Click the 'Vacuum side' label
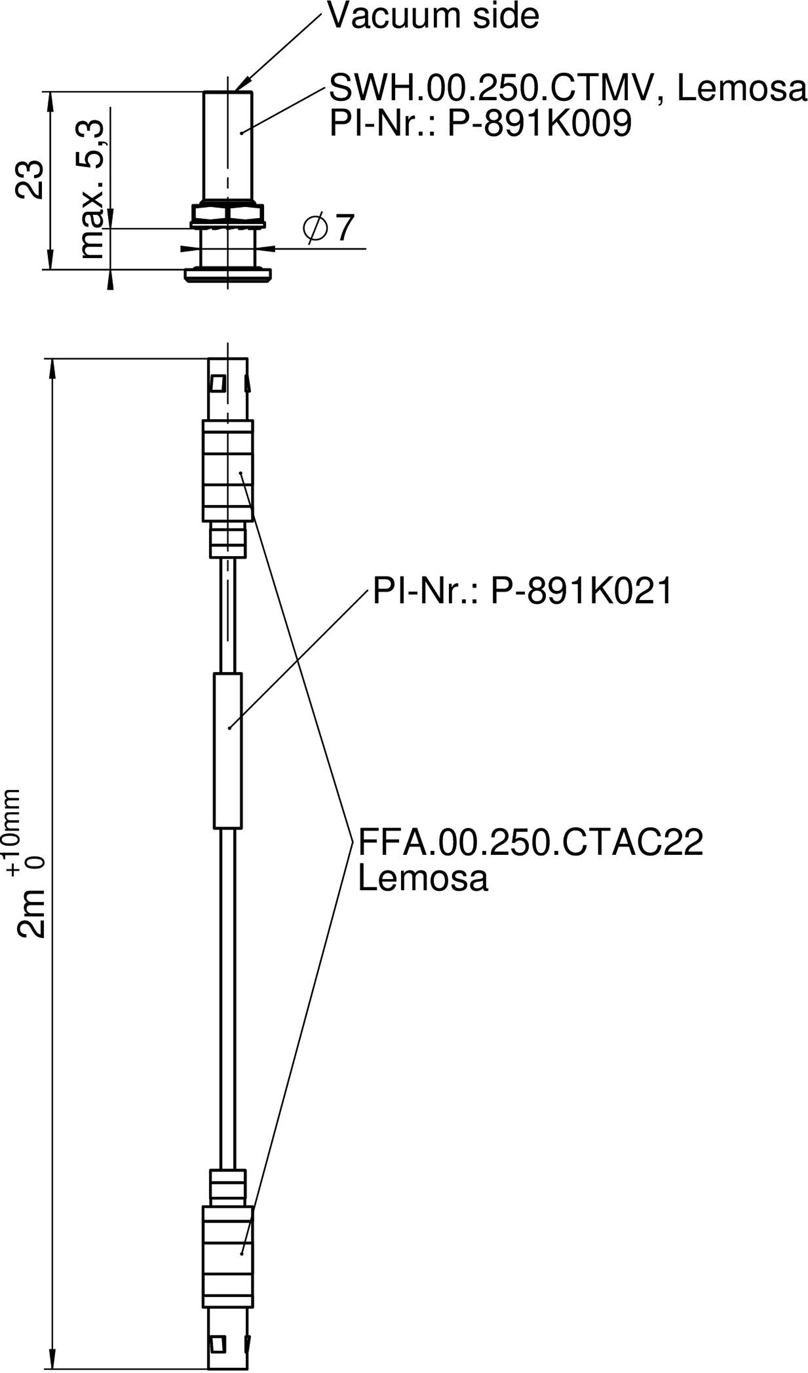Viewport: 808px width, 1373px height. click(x=433, y=16)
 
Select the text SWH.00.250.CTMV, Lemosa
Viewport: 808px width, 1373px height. click(x=567, y=88)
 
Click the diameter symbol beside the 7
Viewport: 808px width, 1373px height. click(x=315, y=228)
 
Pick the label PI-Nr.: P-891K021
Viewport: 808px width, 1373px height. click(x=522, y=591)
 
